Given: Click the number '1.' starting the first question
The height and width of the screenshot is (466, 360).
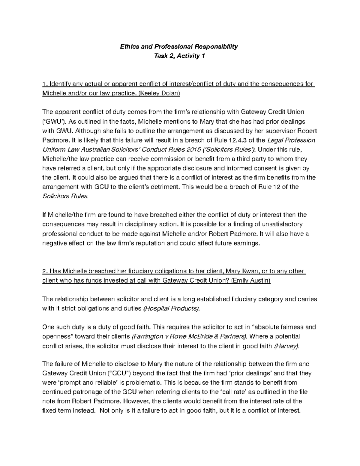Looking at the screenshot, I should tap(45, 84).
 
